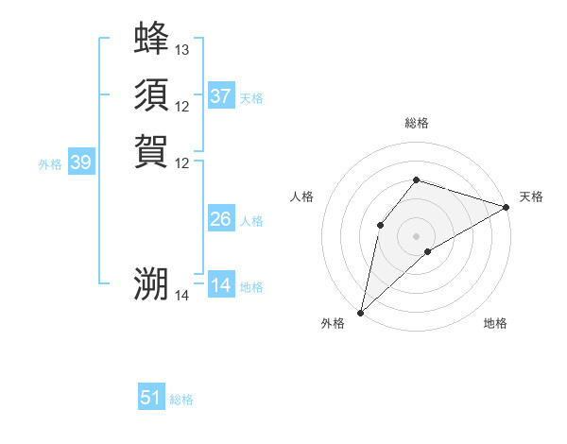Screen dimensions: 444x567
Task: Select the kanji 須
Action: (151, 94)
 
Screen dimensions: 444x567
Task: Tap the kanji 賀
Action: (151, 151)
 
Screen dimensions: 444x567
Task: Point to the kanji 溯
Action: (151, 284)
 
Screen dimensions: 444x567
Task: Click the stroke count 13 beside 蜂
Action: (182, 49)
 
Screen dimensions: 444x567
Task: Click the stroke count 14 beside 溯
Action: (182, 296)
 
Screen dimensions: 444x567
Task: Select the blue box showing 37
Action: (220, 96)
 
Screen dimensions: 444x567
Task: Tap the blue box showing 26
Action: (220, 219)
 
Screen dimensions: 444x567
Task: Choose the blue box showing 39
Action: (80, 162)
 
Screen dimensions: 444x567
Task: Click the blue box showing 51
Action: (150, 398)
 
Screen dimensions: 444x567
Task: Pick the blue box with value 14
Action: (220, 285)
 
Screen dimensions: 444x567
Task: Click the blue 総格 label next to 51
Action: (181, 400)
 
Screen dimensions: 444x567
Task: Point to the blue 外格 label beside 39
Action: (50, 164)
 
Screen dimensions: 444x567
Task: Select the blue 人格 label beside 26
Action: (251, 221)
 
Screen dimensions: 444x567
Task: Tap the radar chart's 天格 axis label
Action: (531, 196)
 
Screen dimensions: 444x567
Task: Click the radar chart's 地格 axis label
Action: (495, 323)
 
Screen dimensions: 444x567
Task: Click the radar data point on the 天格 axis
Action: (507, 206)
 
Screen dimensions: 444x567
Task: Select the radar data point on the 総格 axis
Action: (416, 179)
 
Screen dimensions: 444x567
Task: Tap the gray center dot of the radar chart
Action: (416, 235)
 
